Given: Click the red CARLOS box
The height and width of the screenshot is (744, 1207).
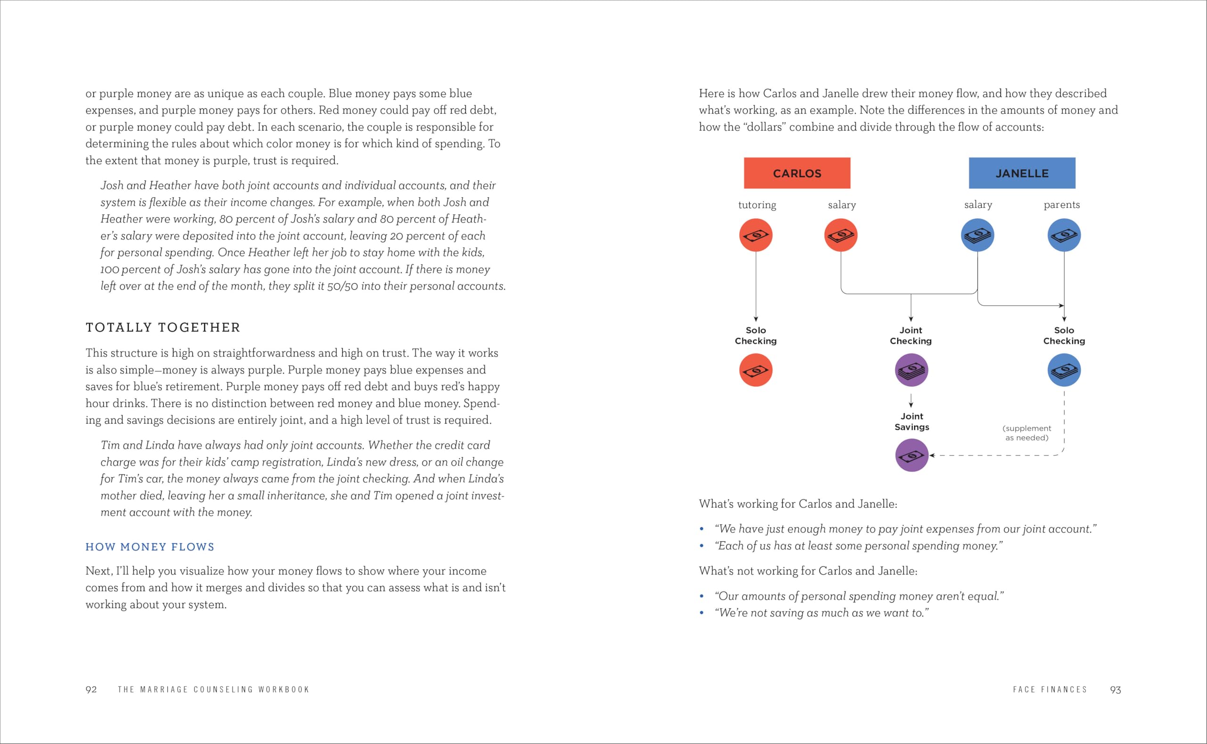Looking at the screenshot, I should (797, 173).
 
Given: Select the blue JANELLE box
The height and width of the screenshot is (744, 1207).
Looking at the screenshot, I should (1022, 173).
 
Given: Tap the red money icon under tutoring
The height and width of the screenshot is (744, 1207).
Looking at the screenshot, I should (756, 235).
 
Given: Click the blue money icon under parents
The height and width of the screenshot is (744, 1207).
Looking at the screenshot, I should (1064, 235).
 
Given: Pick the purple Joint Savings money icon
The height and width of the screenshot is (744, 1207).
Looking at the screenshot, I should (912, 456).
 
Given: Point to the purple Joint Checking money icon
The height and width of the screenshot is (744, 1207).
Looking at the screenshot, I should (911, 370).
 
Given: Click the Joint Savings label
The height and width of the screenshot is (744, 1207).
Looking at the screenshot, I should (912, 422).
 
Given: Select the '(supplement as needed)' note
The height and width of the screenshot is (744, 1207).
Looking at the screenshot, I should (1027, 433).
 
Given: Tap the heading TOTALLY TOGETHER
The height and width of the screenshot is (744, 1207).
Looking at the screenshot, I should (163, 328).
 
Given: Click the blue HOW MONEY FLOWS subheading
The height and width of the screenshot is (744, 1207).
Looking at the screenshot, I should (150, 547).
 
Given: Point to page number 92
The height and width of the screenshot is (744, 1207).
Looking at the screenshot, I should (91, 690).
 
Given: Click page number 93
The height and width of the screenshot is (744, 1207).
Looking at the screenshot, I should (1116, 690).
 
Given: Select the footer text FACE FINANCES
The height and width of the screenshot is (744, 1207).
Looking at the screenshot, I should (1050, 690).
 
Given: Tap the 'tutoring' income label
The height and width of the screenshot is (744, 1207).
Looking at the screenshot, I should (757, 204).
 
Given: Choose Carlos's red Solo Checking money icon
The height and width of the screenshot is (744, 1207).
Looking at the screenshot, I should (756, 370).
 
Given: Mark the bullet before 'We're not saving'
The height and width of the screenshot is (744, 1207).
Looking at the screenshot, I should (702, 613).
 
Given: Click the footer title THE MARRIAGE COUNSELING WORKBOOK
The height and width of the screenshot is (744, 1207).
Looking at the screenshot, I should (214, 690).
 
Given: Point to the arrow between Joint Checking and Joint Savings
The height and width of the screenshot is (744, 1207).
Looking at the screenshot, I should (911, 401).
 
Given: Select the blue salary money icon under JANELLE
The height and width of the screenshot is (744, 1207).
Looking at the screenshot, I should (977, 235).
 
